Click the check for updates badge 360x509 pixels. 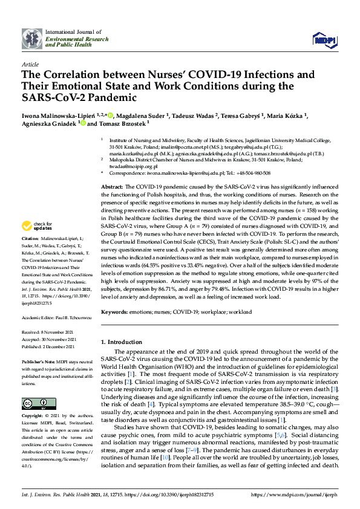(x=36, y=226)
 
